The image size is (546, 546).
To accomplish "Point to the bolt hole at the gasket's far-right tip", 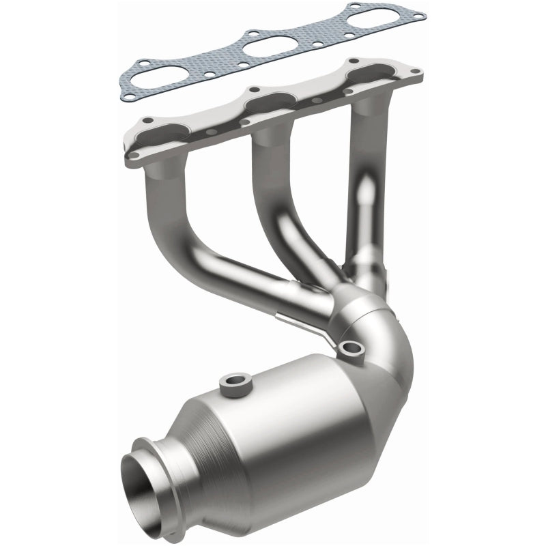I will point(419,15).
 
